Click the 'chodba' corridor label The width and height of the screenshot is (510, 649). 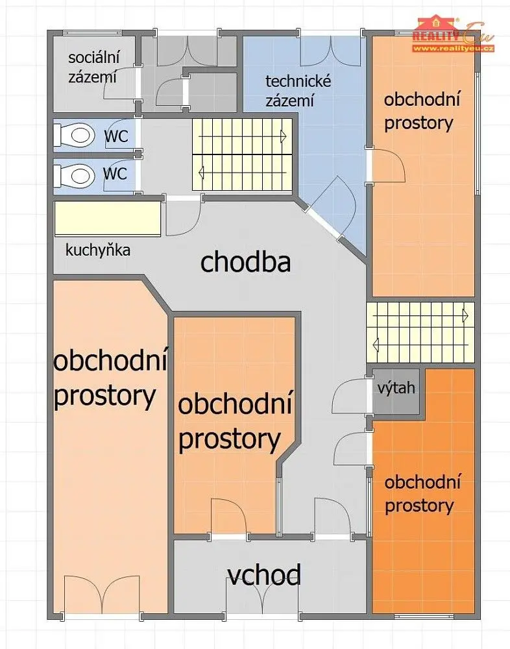[x=245, y=262]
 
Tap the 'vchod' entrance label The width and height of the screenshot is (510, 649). [x=264, y=575]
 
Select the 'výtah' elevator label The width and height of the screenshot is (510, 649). [x=396, y=388]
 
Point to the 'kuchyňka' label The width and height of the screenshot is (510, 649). [x=98, y=250]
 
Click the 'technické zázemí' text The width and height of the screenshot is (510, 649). [x=298, y=91]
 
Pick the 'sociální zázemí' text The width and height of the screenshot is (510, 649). [x=93, y=67]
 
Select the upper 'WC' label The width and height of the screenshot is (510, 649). [x=116, y=136]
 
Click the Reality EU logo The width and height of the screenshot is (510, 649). [x=454, y=33]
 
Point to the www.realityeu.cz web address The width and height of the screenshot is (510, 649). [x=454, y=49]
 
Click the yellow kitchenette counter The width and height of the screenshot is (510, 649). [x=107, y=219]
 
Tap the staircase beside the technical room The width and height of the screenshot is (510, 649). [x=243, y=154]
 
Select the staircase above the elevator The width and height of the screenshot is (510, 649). [x=420, y=332]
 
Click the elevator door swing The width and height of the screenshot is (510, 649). [x=350, y=396]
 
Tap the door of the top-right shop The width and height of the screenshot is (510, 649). [x=387, y=164]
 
